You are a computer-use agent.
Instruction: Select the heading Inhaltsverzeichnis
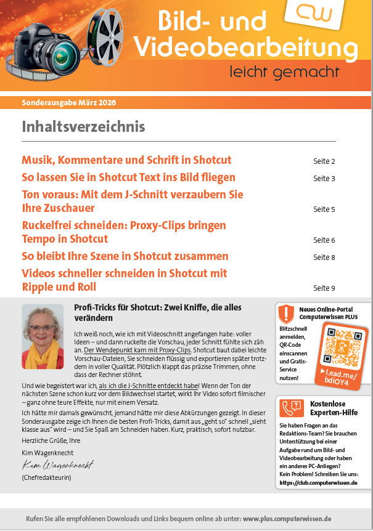(83, 127)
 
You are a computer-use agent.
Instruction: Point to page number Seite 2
(324, 161)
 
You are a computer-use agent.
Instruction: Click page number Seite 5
(324, 209)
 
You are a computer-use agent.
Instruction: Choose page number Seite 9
(324, 288)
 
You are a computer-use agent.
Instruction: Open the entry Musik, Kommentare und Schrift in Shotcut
(126, 160)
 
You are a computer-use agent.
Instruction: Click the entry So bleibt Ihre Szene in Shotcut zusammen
(125, 256)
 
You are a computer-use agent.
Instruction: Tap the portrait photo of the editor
(43, 336)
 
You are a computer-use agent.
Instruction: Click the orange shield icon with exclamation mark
(286, 314)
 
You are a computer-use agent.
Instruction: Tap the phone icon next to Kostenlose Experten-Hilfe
(289, 408)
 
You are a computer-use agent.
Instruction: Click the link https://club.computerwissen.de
(318, 483)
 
